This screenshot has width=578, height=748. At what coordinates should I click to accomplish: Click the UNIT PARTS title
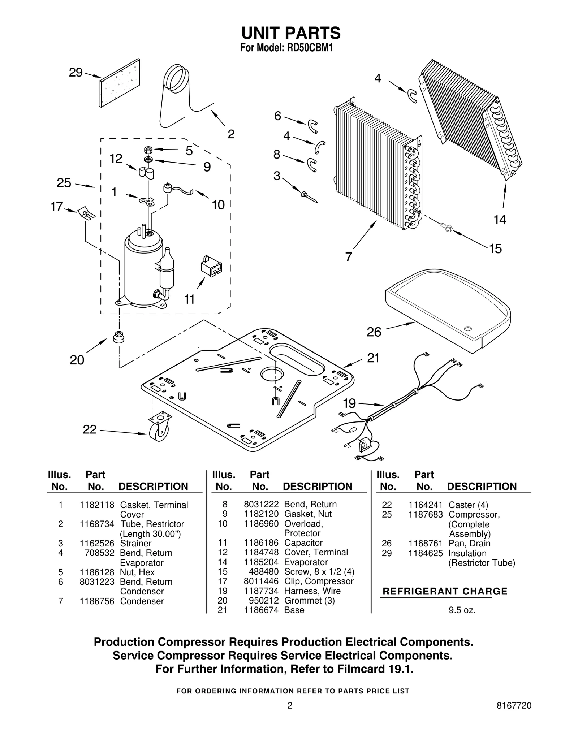(290, 33)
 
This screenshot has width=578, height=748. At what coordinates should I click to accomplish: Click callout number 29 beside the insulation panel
(76, 73)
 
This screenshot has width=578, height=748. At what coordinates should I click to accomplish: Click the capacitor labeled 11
(211, 267)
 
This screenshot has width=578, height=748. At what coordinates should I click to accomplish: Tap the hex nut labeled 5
(148, 150)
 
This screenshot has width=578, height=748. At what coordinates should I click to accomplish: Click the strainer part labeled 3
(309, 196)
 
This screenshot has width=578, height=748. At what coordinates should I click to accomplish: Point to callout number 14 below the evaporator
(500, 220)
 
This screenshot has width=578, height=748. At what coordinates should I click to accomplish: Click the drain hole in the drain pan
(468, 328)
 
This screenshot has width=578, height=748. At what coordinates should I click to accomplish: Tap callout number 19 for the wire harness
(349, 403)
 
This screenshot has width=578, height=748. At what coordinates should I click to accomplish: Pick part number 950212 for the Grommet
(263, 601)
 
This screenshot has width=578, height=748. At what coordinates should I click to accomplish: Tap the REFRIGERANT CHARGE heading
(445, 592)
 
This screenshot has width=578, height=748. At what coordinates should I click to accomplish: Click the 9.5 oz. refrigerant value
(462, 610)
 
